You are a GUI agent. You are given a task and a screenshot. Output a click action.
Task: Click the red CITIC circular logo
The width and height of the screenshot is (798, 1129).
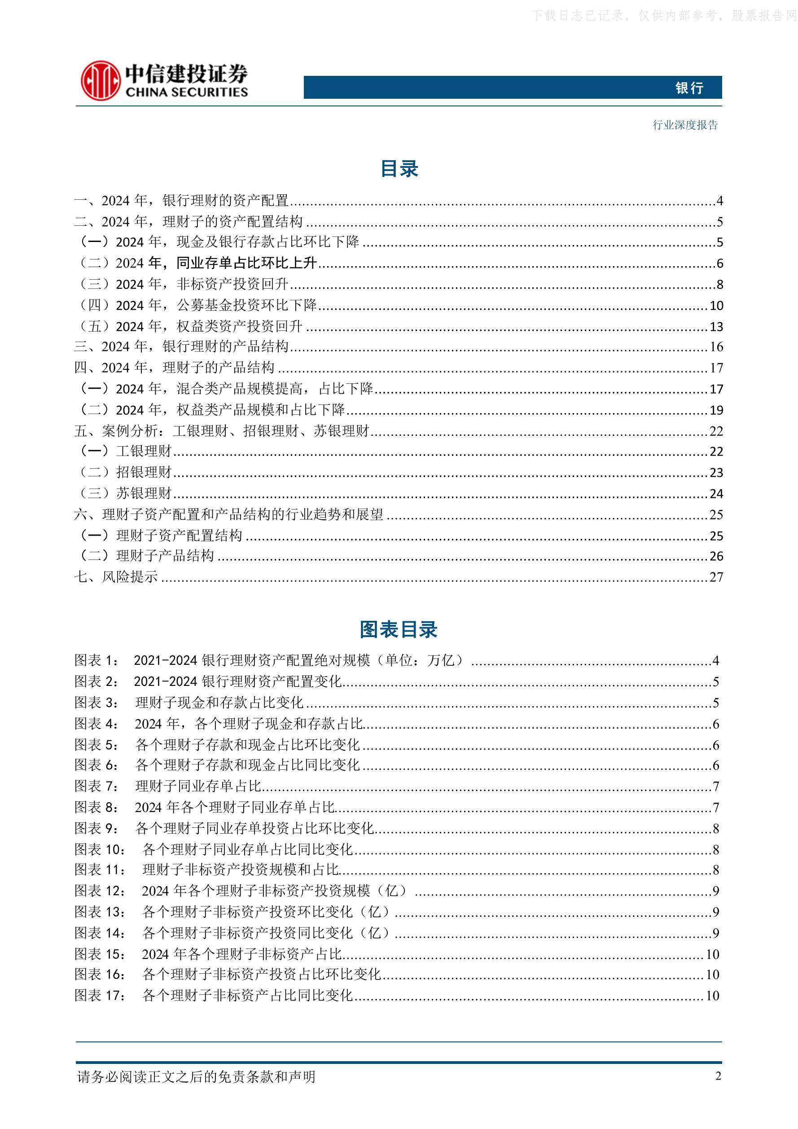pos(100,80)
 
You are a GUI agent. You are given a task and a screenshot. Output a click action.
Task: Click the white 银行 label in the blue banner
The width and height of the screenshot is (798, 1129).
pos(689,88)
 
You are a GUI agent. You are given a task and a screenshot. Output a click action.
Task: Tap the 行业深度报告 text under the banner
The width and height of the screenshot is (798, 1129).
pos(685,125)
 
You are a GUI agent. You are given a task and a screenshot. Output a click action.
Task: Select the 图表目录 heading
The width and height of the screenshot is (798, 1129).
pos(398,629)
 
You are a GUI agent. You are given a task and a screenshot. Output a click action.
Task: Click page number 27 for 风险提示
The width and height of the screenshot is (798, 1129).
pos(716,577)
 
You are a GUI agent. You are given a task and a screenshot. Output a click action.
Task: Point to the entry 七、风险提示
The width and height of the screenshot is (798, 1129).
pos(116,577)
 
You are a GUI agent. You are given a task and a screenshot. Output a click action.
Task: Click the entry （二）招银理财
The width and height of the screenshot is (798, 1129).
pos(126,472)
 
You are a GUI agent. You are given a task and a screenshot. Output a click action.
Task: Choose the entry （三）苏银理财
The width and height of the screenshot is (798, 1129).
pos(126,493)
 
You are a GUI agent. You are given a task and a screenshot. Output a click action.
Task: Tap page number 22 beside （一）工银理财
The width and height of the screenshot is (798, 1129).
pos(716,452)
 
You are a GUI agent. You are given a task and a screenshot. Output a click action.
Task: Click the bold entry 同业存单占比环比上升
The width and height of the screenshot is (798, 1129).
pos(246,263)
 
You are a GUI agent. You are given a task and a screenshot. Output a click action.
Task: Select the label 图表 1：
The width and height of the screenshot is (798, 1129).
pos(96,660)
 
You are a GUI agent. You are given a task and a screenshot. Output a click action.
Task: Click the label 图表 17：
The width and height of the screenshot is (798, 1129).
pos(100,995)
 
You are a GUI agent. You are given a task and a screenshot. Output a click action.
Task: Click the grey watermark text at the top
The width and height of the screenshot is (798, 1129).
pos(664,16)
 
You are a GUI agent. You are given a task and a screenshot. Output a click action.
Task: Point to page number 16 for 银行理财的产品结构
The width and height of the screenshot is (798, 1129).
pos(716,347)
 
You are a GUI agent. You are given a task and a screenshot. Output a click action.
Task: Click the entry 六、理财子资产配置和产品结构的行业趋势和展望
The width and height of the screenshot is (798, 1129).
pos(228,514)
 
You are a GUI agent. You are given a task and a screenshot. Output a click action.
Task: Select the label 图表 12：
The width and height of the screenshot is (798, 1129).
pos(100,891)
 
